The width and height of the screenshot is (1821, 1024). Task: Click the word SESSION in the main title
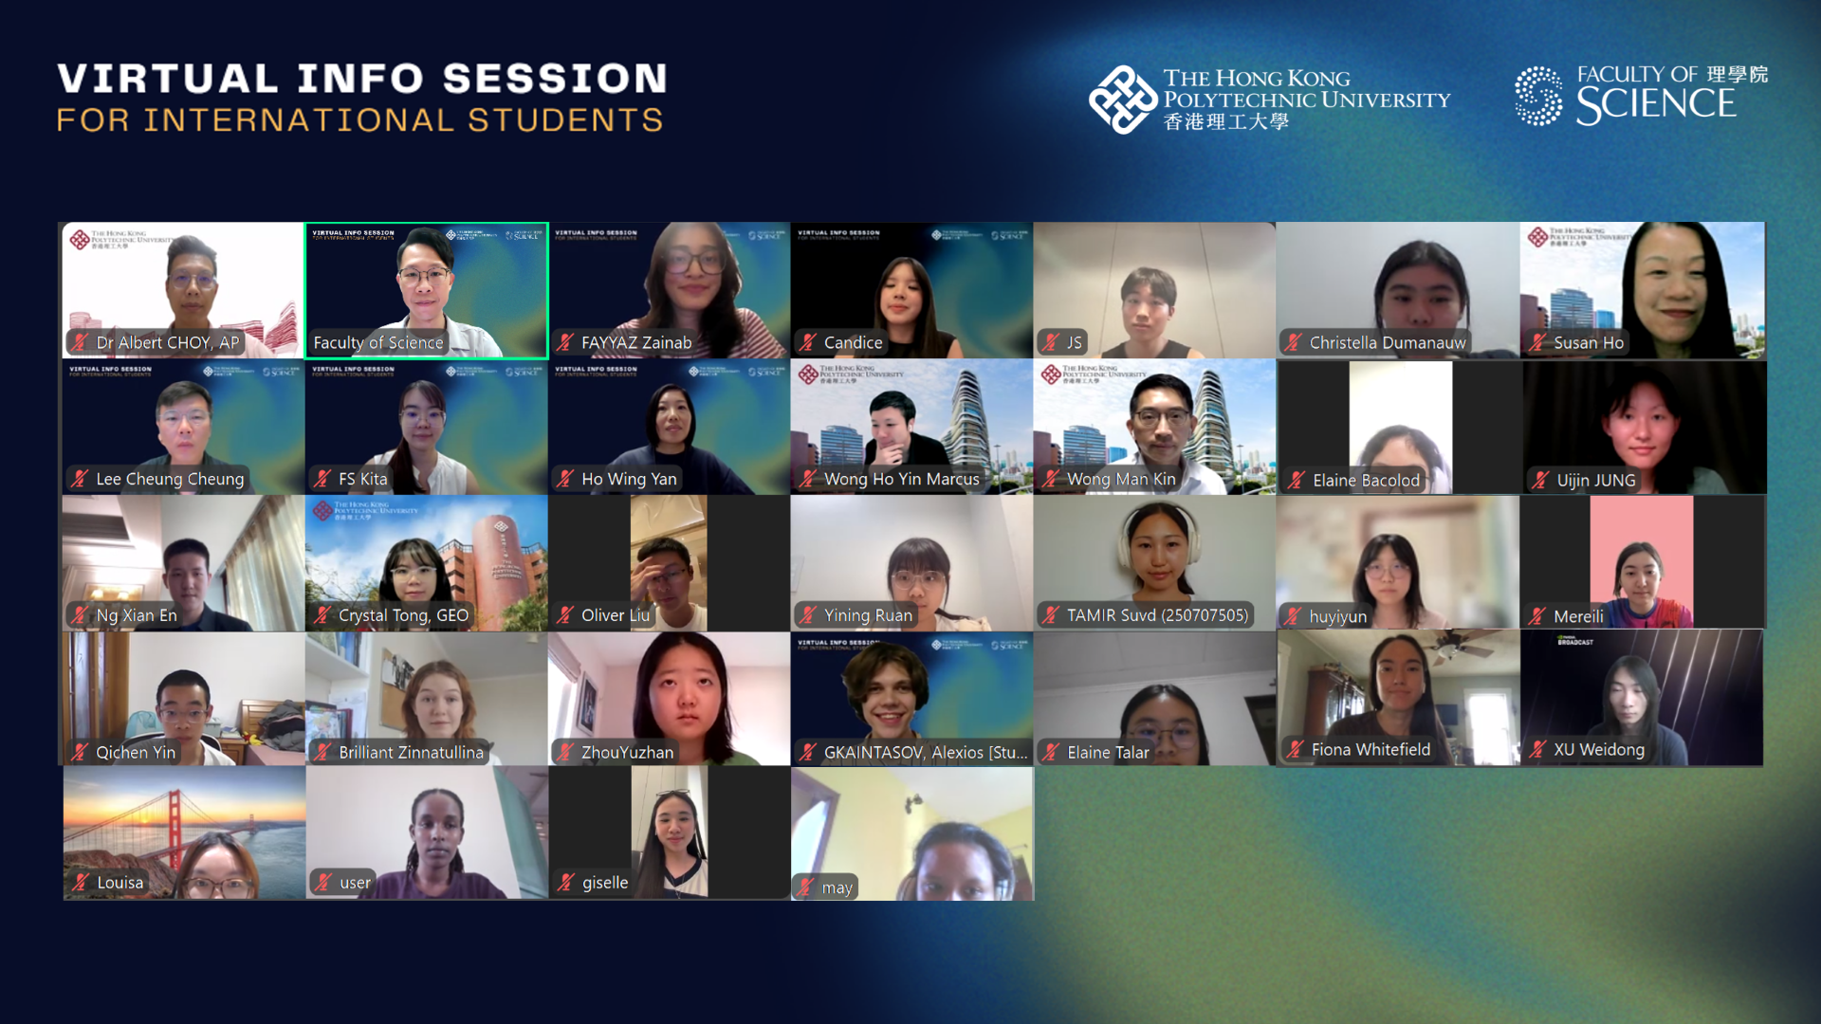(555, 79)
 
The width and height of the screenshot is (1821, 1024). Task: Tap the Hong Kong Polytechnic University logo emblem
(1122, 99)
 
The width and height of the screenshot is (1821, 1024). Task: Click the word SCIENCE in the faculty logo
(1655, 105)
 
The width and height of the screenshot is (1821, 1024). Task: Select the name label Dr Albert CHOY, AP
(167, 342)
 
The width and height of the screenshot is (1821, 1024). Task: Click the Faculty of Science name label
(377, 342)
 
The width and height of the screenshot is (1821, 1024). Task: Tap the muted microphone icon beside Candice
(808, 342)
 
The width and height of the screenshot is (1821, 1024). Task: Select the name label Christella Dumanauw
(1387, 342)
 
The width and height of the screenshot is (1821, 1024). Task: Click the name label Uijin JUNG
(1595, 480)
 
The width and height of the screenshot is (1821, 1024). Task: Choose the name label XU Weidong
(1598, 749)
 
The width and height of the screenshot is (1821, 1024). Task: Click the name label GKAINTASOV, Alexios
(925, 752)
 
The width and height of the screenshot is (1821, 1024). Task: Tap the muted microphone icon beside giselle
(565, 882)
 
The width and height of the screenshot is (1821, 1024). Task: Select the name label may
(836, 887)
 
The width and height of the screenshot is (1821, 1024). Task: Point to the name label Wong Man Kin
(1120, 479)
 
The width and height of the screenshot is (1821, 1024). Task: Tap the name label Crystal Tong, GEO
(403, 615)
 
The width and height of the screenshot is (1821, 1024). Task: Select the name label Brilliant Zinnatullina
(411, 752)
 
